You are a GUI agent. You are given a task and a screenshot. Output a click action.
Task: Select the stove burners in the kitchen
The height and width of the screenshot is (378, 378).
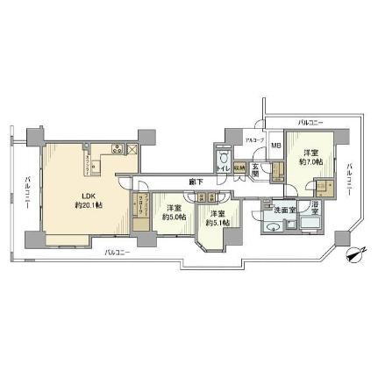pos(116,148)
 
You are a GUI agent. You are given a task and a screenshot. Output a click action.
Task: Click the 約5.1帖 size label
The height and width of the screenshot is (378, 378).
pos(217,223)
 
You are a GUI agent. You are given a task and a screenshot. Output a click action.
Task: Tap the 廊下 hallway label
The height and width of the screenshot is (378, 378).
pos(197,182)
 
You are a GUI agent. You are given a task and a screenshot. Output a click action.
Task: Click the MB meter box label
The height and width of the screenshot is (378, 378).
pos(274,145)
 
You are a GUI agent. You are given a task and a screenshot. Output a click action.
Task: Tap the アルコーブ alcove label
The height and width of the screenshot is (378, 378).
pos(252,141)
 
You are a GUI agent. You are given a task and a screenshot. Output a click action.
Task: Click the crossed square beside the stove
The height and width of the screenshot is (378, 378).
pos(132,149)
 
